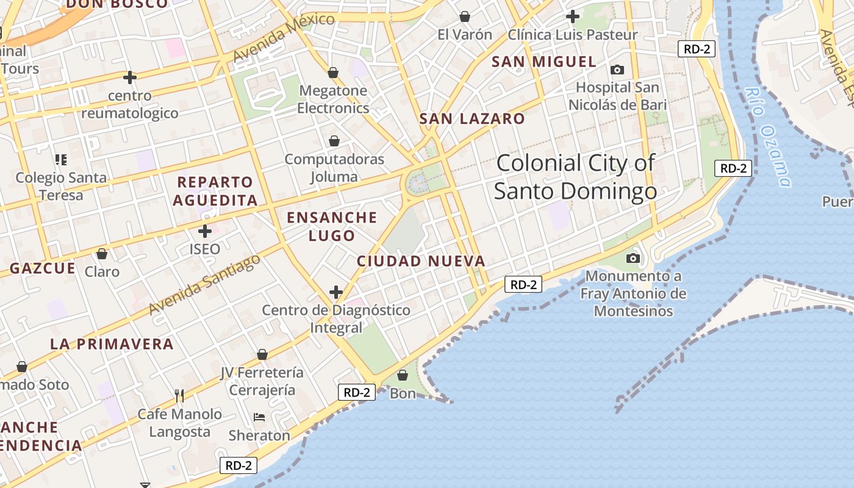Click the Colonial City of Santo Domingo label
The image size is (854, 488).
pyautogui.click(x=575, y=177)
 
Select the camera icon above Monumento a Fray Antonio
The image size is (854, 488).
pyautogui.click(x=633, y=259)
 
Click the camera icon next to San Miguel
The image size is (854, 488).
pyautogui.click(x=617, y=70)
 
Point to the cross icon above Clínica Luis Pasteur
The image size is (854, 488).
pyautogui.click(x=572, y=16)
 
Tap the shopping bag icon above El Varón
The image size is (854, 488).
pyautogui.click(x=465, y=16)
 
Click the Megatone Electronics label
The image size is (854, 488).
pyautogui.click(x=333, y=99)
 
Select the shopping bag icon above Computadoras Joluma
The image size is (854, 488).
pyautogui.click(x=334, y=142)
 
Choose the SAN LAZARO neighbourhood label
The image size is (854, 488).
pyautogui.click(x=472, y=119)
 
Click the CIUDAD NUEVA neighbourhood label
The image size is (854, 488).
pyautogui.click(x=421, y=261)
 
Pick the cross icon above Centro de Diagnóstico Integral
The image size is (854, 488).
pyautogui.click(x=335, y=292)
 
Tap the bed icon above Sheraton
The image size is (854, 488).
pyautogui.click(x=259, y=417)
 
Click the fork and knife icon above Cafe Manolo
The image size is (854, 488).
pyautogui.click(x=179, y=396)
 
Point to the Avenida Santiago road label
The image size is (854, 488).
pyautogui.click(x=204, y=284)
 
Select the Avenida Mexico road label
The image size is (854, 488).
pyautogui.click(x=283, y=37)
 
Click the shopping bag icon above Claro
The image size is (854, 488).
pyautogui.click(x=102, y=254)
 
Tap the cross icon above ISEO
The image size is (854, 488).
pyautogui.click(x=205, y=231)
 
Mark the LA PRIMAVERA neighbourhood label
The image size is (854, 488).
pyautogui.click(x=112, y=344)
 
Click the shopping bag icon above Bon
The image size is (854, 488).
pyautogui.click(x=403, y=375)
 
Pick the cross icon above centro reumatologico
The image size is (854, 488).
pyautogui.click(x=129, y=77)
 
